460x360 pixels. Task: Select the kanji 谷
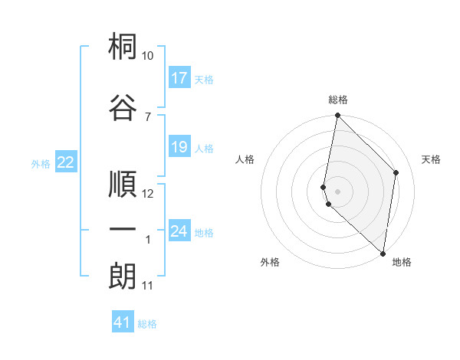pos(123,106)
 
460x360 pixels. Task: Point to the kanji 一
pos(123,229)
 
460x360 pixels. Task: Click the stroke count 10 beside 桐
pos(148,56)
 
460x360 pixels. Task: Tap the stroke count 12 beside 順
pos(148,194)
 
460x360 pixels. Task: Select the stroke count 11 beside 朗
pos(148,286)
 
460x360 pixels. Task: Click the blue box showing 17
pos(179,78)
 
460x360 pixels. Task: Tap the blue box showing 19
pos(179,147)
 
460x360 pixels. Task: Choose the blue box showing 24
pos(179,231)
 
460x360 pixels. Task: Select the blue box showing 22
pos(66,162)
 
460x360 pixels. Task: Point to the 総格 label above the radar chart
pos(338,100)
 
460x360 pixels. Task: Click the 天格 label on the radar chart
pos(432,159)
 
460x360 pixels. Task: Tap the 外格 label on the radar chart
pos(270,262)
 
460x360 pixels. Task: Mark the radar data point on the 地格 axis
pos(383,254)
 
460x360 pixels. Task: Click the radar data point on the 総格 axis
pos(337,116)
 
